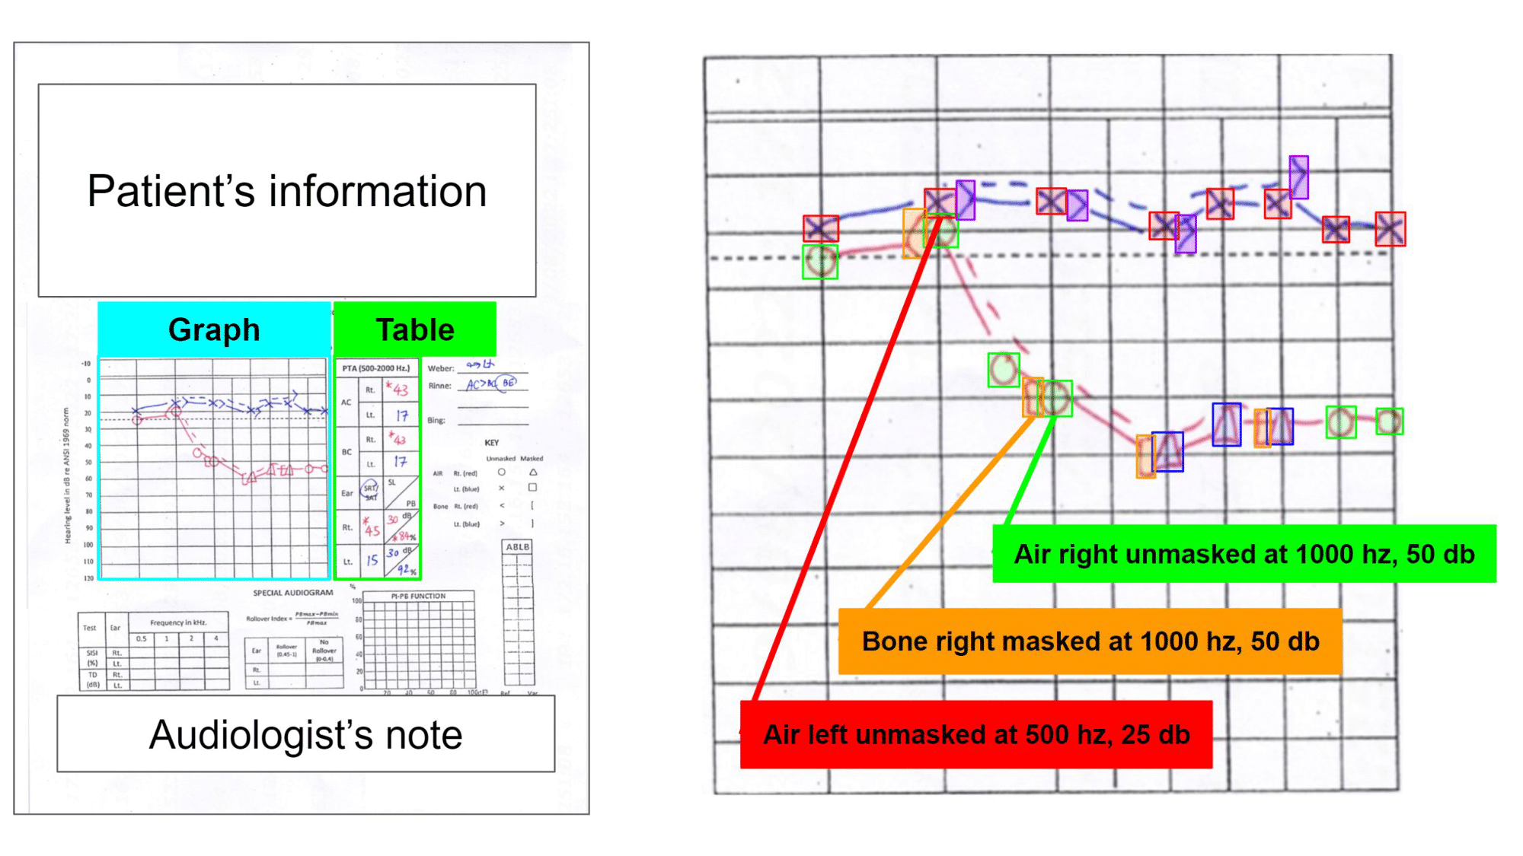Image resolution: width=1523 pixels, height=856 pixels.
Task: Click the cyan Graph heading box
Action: (214, 329)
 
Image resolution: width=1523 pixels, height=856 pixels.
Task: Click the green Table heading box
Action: (415, 329)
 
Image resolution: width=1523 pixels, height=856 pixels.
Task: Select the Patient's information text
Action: (286, 190)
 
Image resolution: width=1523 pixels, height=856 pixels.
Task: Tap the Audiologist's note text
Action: (305, 734)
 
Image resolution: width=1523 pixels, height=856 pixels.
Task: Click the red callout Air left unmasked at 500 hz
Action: (975, 734)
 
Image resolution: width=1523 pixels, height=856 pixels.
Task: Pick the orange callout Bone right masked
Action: (1090, 641)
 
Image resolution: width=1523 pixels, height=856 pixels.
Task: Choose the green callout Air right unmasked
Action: (1244, 554)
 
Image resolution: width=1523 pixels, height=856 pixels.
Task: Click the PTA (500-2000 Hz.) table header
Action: (376, 368)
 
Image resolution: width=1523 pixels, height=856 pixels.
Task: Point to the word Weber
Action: (440, 368)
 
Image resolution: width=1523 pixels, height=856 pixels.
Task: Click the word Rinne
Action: (439, 386)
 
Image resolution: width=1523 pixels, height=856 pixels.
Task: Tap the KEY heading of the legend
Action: (492, 442)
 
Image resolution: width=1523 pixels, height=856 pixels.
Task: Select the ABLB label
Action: (518, 547)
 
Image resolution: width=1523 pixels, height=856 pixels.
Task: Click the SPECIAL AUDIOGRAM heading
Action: (293, 593)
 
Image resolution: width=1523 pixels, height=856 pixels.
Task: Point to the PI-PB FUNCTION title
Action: (418, 596)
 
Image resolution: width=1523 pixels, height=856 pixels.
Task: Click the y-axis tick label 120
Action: (88, 578)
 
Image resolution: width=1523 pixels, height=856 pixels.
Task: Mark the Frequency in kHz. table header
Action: (178, 622)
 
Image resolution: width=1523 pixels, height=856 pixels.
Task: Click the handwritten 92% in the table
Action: (407, 569)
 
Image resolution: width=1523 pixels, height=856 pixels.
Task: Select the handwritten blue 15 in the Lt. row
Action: (372, 561)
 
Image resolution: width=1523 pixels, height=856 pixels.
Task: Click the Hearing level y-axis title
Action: (67, 476)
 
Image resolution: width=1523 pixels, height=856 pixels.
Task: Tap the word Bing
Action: (436, 420)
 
